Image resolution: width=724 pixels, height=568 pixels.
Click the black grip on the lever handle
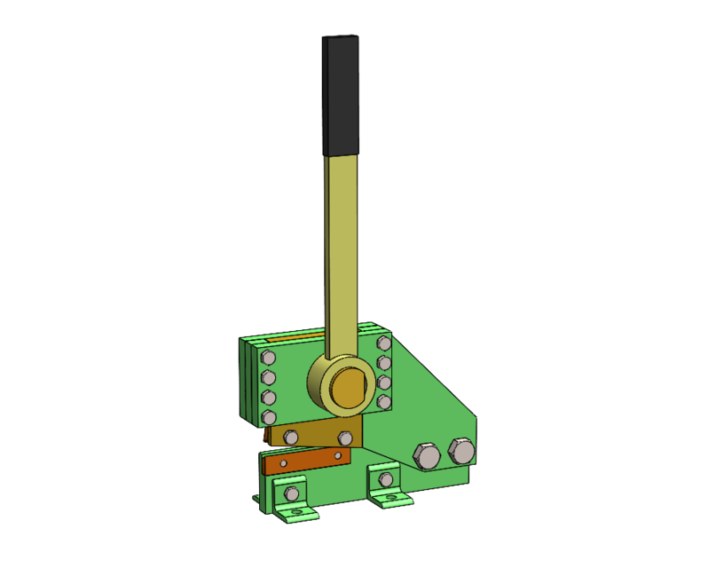[342, 96]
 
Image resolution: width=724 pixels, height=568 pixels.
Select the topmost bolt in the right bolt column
[383, 343]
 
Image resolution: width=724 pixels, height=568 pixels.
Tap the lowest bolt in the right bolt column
[383, 402]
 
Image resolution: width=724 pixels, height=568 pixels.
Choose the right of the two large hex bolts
[461, 450]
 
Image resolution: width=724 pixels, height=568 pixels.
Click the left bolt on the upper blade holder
[290, 437]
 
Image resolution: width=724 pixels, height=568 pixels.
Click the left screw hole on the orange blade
[284, 463]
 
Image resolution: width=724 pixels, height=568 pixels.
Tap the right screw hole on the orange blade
[336, 455]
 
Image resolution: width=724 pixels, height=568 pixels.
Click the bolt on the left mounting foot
[290, 493]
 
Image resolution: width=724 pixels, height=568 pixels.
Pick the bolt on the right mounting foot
[385, 480]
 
